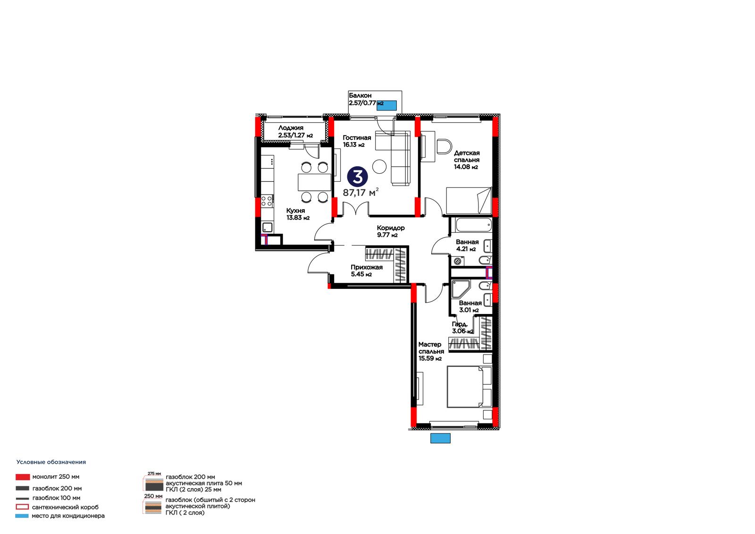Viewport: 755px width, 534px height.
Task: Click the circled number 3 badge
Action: [357, 176]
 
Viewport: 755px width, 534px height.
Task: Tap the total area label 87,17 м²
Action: [361, 192]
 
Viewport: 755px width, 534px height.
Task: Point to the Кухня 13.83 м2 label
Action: [298, 214]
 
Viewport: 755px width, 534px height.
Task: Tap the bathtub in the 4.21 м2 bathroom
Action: [473, 225]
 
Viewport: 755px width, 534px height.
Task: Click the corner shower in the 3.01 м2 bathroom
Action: [461, 288]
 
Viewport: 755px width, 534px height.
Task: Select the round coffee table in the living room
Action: [379, 167]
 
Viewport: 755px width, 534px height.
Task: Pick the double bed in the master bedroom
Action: [469, 387]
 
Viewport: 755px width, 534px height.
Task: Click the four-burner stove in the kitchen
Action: [267, 201]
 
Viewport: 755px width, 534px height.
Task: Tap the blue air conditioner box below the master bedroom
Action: [440, 438]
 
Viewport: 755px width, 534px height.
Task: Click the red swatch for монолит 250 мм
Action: [23, 477]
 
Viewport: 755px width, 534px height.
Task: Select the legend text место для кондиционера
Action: [68, 516]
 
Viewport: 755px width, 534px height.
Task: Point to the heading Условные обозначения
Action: [51, 462]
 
